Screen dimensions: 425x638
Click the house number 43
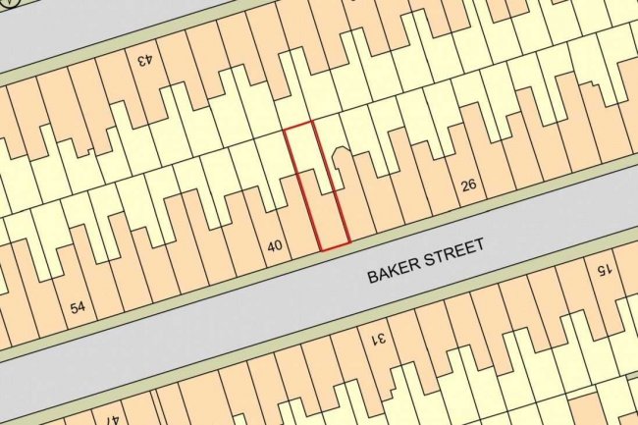click(144, 61)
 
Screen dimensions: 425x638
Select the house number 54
click(79, 308)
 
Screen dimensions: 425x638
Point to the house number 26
click(468, 185)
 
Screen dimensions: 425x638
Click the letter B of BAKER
click(373, 276)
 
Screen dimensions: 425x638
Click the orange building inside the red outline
click(329, 216)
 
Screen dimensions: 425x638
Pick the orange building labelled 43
click(147, 79)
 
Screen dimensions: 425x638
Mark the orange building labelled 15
click(601, 290)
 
